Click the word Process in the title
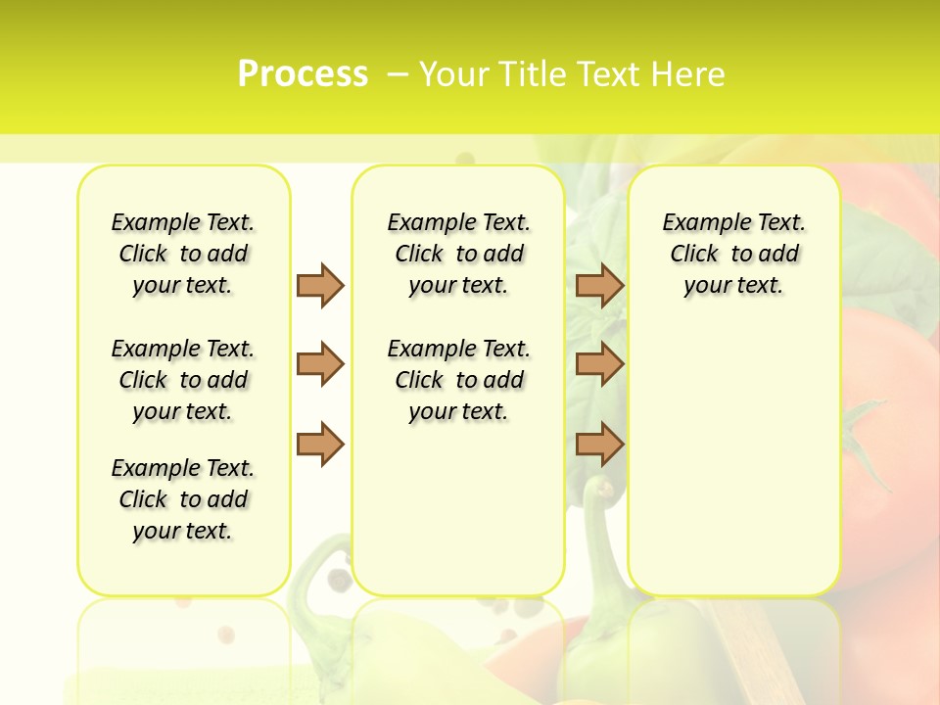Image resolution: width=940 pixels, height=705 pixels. [303, 73]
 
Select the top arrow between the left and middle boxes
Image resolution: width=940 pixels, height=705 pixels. [320, 285]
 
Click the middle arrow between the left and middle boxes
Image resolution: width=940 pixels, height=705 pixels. [320, 364]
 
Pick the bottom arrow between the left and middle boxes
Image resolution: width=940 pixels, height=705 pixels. [320, 444]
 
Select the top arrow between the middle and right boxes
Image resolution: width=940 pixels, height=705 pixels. [599, 285]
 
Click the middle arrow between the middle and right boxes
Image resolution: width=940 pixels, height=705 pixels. [599, 364]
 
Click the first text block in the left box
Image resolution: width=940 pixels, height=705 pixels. [183, 254]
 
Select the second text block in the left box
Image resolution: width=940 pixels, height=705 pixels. [183, 380]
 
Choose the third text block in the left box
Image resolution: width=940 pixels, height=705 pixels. [183, 499]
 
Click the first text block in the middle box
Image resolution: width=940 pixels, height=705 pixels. [458, 254]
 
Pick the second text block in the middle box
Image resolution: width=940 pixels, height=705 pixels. [458, 380]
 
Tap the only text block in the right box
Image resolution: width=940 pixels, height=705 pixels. [733, 254]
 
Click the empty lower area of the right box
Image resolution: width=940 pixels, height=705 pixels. [733, 460]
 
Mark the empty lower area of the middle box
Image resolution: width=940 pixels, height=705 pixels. [458, 509]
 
